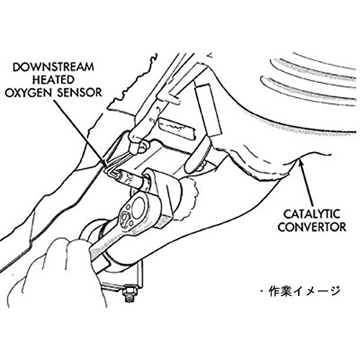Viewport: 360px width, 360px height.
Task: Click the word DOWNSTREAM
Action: [x=53, y=67]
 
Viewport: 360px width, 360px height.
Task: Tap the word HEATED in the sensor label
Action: [x=53, y=80]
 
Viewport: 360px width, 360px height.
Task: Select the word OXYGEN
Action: [x=30, y=93]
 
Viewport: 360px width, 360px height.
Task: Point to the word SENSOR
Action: [x=79, y=93]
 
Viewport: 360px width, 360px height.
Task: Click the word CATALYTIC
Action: [x=312, y=214]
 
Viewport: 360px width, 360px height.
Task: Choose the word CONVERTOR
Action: [x=312, y=227]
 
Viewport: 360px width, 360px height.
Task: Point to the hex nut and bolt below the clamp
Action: [x=130, y=293]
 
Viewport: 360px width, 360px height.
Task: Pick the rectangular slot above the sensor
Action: [x=176, y=127]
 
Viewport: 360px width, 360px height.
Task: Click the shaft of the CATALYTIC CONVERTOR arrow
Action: [x=307, y=186]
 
